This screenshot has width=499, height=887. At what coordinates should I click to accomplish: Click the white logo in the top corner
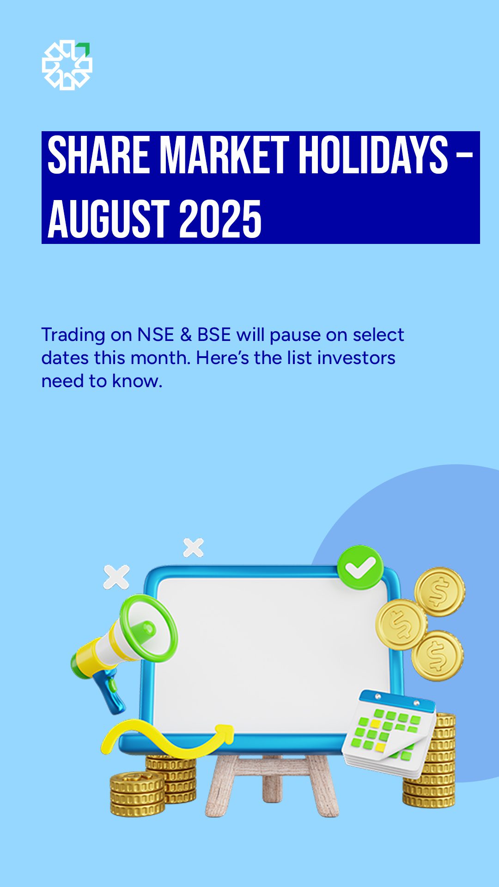pos(67,65)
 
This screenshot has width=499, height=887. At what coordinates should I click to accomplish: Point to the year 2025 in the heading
pos(220,219)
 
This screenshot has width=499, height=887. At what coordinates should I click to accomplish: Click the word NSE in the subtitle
pos(156,335)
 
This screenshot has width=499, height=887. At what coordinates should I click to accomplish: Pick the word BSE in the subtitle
pos(214,335)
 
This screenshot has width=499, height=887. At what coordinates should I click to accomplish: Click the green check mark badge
pos(360,567)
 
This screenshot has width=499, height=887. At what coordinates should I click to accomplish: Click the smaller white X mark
pos(193,547)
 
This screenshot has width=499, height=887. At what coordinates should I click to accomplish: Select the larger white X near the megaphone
pos(116,577)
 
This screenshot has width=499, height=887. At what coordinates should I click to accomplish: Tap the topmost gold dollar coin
pos(439,592)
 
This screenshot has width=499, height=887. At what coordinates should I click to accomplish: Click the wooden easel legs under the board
pos(272,785)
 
